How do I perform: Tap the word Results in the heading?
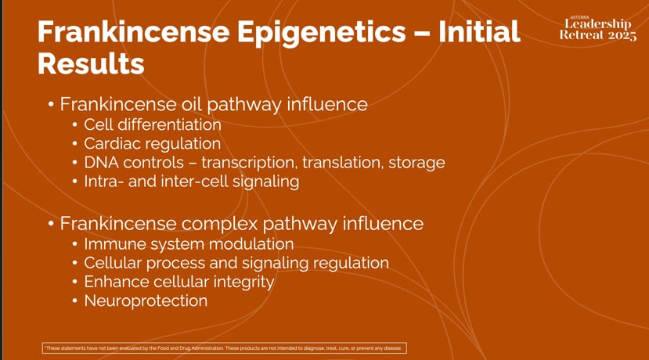coord(91,64)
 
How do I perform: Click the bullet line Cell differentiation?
coord(153,124)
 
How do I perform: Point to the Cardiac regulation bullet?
coord(152,144)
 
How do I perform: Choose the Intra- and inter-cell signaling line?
coord(191,182)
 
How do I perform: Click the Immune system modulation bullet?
coord(189,244)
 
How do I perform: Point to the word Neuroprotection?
coord(146,301)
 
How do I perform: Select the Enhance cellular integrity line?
coord(178,282)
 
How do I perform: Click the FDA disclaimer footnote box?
coord(225,348)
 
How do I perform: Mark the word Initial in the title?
coord(479,33)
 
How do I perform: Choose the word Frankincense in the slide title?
coord(141,33)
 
